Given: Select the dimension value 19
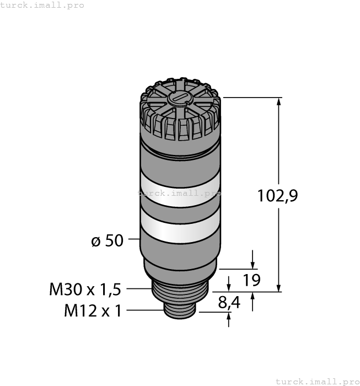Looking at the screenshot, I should [251, 280].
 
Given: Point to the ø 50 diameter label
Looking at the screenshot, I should [107, 241].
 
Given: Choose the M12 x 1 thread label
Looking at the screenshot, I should [93, 311].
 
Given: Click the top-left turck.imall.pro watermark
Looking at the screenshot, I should [42, 5].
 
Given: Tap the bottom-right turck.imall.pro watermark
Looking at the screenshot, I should [316, 381].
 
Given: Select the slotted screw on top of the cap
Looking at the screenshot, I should [179, 100].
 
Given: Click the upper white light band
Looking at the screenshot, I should [180, 189].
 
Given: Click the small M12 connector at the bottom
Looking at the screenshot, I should [180, 312].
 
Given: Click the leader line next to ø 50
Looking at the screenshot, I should [135, 239].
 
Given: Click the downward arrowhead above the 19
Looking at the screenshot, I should [253, 263].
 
